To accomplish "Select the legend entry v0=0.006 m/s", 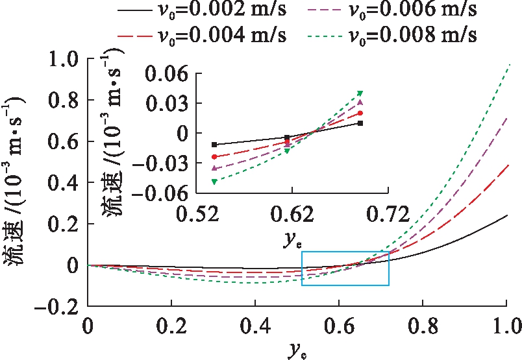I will (x=411, y=10).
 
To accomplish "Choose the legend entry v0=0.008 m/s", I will (x=411, y=33).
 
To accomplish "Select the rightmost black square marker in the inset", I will (x=360, y=123).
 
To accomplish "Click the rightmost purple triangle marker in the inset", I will (x=360, y=102).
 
